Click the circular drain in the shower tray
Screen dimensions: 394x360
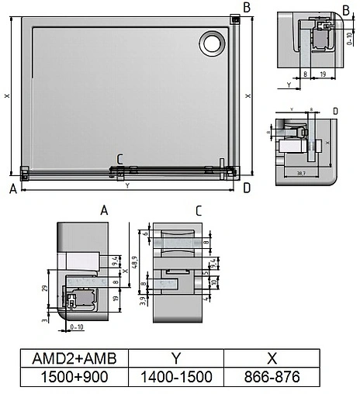(x=211, y=43)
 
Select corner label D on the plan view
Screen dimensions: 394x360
(x=246, y=188)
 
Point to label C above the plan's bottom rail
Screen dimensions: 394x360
(x=119, y=160)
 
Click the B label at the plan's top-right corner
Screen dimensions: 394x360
(x=246, y=8)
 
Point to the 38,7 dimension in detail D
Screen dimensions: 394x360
(x=301, y=172)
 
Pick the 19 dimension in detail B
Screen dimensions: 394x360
(x=322, y=73)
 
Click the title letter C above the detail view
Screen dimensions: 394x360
(x=199, y=210)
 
